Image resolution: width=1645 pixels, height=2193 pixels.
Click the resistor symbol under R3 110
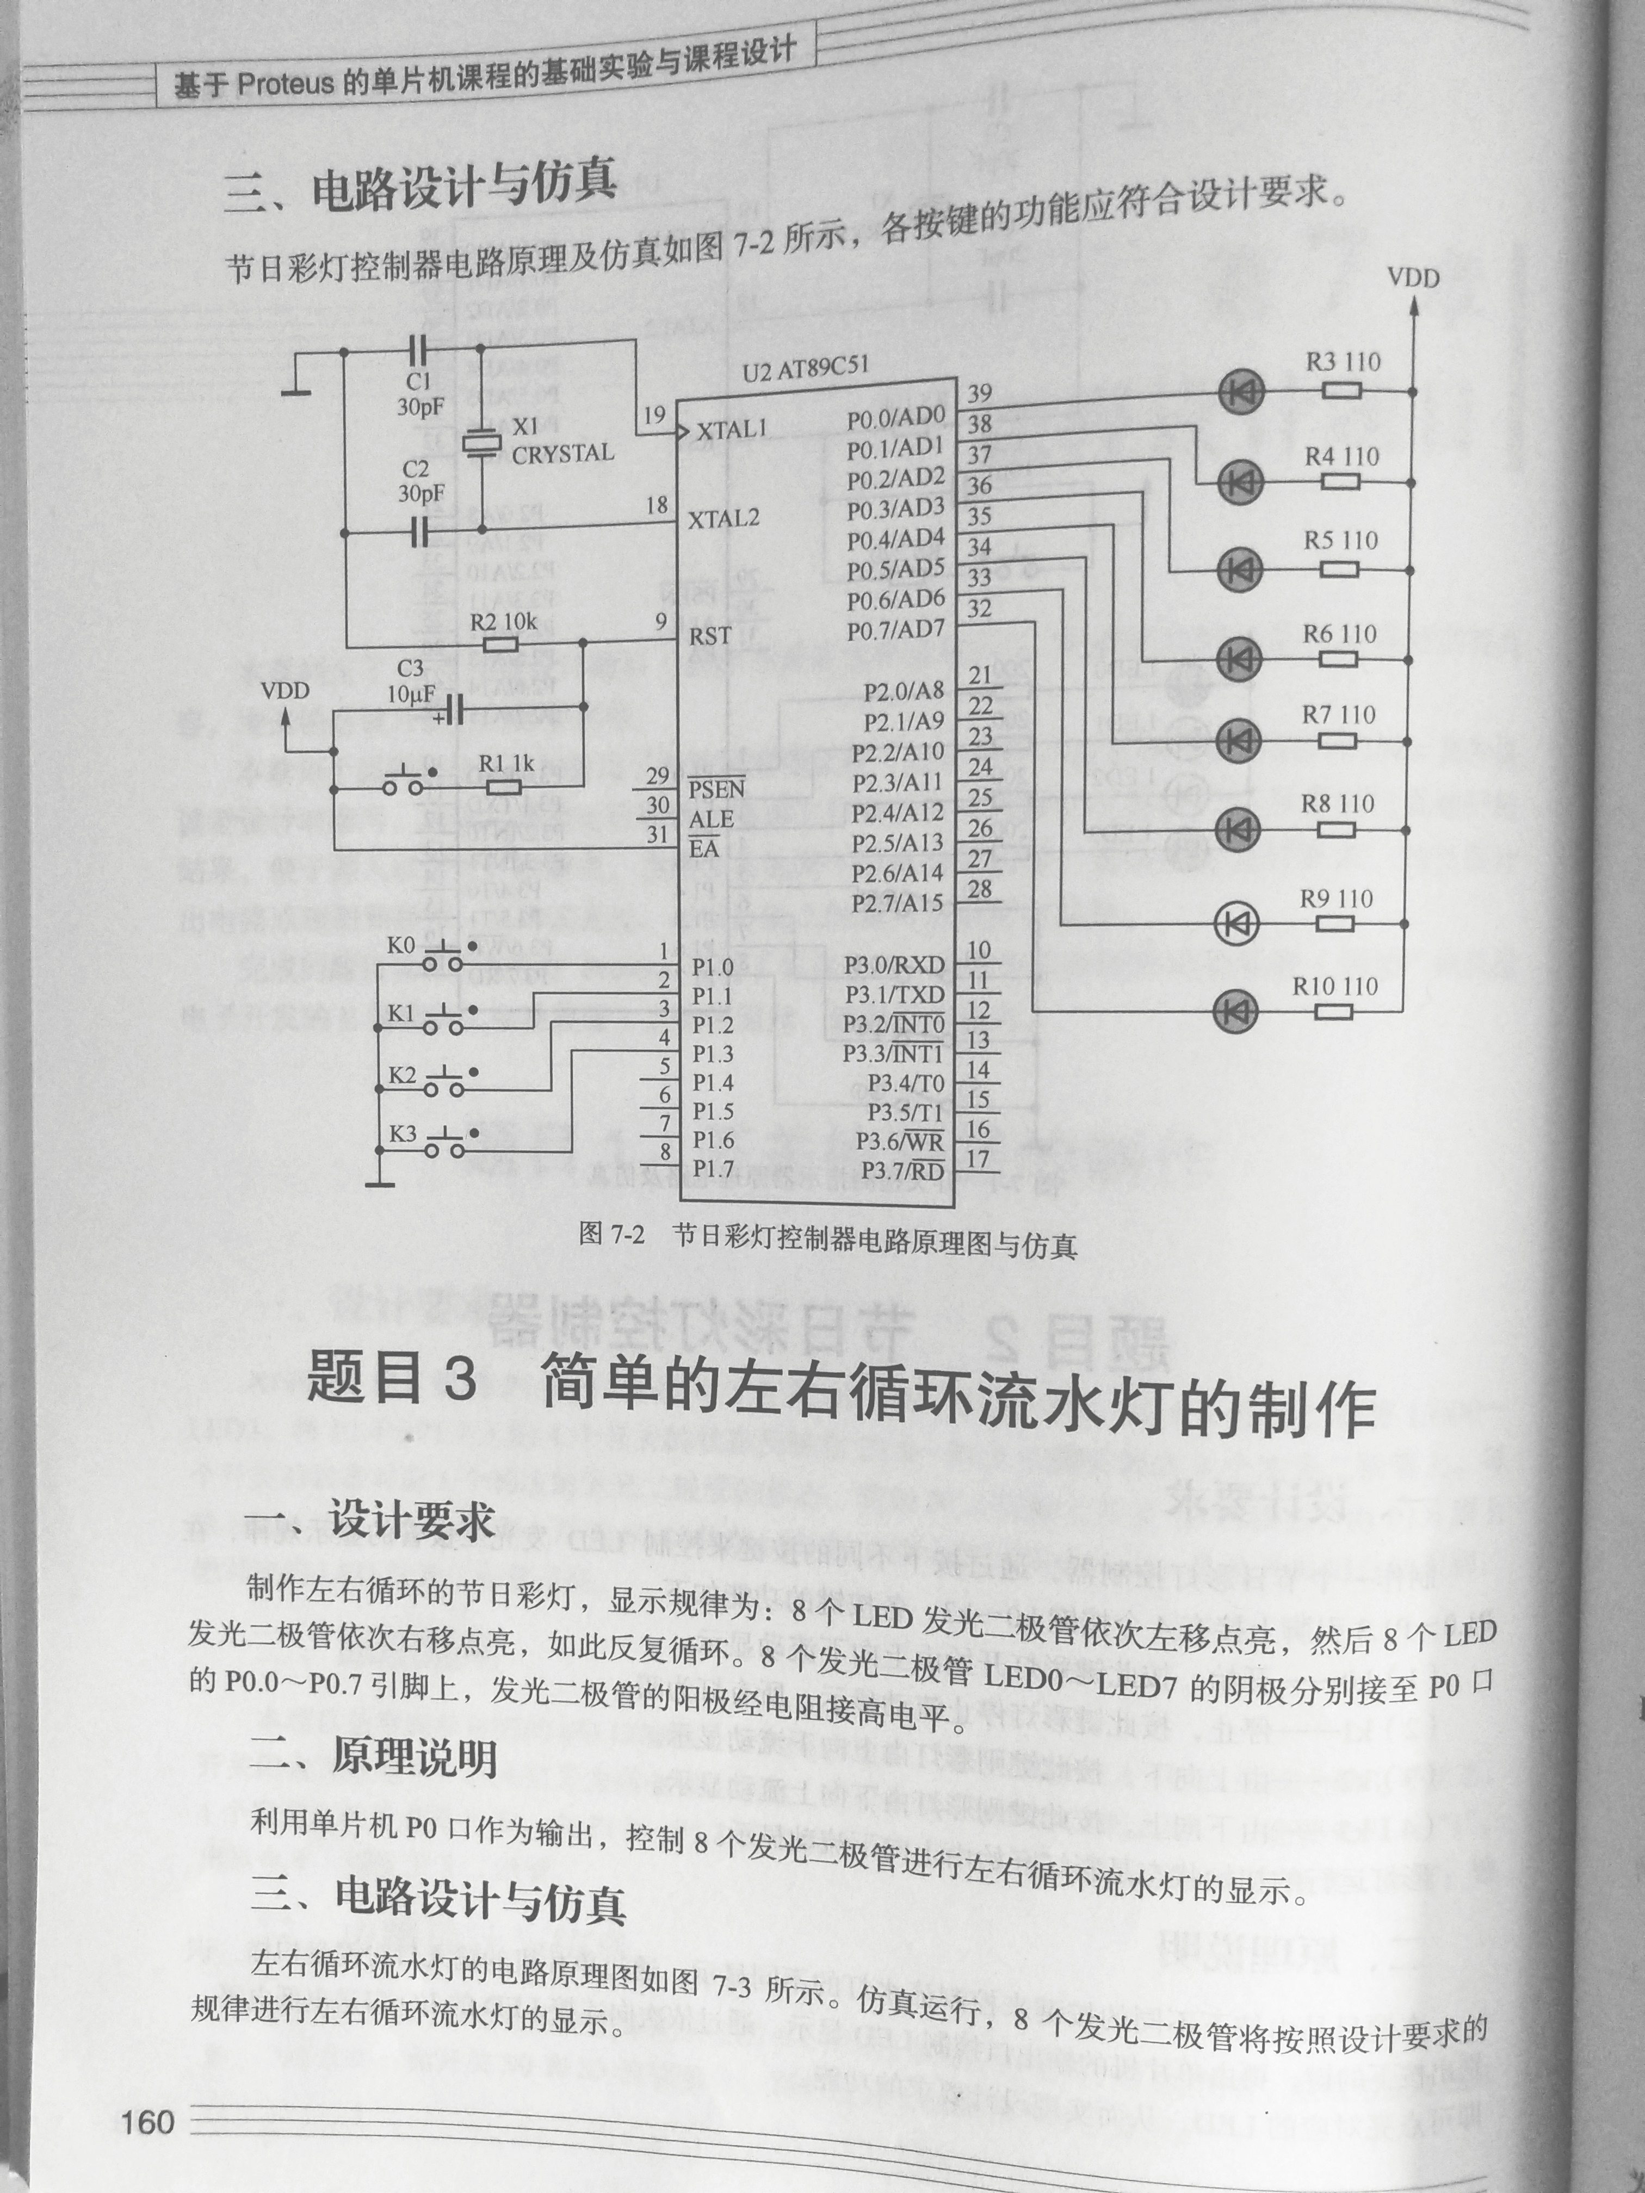tap(1340, 391)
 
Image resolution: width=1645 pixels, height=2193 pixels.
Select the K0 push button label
tap(400, 946)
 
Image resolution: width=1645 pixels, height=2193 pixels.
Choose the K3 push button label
tap(403, 1133)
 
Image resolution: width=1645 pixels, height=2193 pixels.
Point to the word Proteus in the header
tap(286, 83)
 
